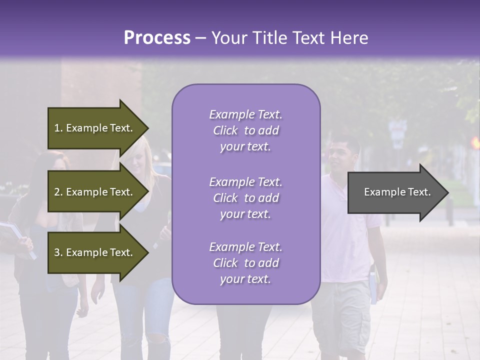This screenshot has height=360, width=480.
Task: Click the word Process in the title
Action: [x=157, y=38]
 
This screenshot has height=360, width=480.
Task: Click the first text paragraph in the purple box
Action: [x=245, y=130]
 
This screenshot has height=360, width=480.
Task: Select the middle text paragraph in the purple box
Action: [x=245, y=198]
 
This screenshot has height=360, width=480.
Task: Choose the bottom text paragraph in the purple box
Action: [x=245, y=263]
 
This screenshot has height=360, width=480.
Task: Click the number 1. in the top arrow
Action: [x=58, y=128]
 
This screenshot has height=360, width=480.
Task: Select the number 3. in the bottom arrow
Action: [x=58, y=252]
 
